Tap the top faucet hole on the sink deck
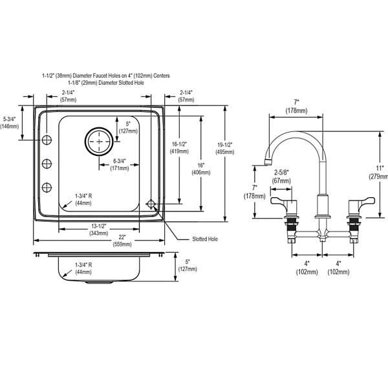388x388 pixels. tap(47, 140)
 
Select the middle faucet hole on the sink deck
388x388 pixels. tap(47, 164)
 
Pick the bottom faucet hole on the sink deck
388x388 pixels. tap(47, 188)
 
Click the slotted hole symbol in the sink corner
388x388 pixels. tap(151, 204)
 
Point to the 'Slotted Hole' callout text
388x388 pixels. tap(205, 239)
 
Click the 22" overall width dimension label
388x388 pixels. tap(122, 241)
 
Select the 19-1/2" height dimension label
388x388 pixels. tap(224, 148)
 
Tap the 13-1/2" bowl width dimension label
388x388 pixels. tap(99, 230)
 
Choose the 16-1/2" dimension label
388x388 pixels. tap(179, 147)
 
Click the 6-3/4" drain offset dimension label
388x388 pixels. tap(120, 164)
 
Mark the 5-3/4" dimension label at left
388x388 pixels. tap(10, 123)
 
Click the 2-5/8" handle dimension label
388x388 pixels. tap(281, 176)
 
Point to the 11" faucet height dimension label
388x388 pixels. tap(379, 173)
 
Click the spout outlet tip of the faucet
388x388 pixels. tap(267, 162)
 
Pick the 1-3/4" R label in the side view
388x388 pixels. tap(83, 268)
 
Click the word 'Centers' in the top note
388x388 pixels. tap(161, 76)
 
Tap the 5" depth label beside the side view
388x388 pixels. tap(188, 265)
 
